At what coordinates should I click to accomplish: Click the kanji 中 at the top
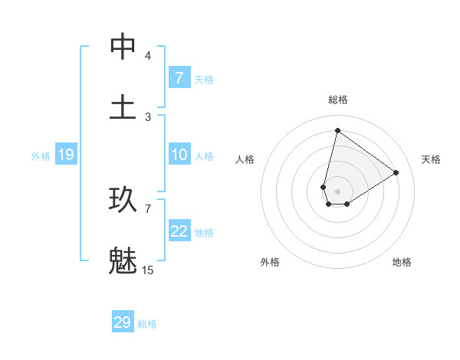click(x=123, y=47)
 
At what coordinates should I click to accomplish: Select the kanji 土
click(x=123, y=106)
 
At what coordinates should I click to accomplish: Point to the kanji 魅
click(x=123, y=260)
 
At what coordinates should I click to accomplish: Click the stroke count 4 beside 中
click(x=148, y=56)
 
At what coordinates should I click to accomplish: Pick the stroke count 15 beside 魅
click(x=148, y=270)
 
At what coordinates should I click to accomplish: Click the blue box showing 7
click(x=179, y=78)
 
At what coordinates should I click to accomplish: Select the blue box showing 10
click(x=179, y=155)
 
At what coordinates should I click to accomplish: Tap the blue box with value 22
click(x=179, y=231)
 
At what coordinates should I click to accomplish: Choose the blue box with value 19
click(x=65, y=155)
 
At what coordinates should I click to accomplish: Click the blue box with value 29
click(x=123, y=322)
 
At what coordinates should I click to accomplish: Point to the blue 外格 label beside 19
click(x=41, y=156)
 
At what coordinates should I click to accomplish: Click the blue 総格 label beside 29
click(x=148, y=324)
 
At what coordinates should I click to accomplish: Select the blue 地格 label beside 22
click(x=204, y=233)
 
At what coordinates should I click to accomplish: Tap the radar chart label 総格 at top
click(x=338, y=100)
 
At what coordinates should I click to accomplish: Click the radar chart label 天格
click(x=431, y=159)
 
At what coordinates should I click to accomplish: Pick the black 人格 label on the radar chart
click(x=245, y=159)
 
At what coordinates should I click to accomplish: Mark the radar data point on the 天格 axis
click(x=396, y=172)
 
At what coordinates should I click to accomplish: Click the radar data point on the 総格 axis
click(x=337, y=130)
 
